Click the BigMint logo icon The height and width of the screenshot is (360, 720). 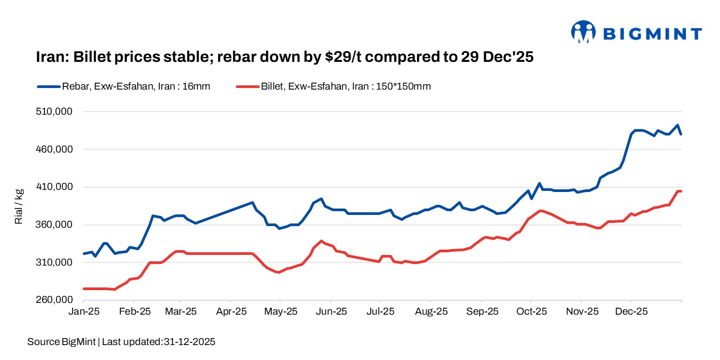(583, 32)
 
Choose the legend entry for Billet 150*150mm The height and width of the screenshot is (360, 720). (346, 86)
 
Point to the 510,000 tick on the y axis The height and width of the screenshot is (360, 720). (55, 112)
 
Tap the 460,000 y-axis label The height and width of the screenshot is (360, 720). (55, 149)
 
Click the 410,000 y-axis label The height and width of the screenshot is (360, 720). (55, 187)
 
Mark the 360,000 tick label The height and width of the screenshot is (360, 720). (55, 225)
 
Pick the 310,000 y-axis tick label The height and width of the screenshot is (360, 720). (55, 262)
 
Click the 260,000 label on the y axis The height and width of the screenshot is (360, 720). (55, 300)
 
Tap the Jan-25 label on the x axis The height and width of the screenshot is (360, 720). (84, 311)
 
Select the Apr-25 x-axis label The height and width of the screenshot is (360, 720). (230, 311)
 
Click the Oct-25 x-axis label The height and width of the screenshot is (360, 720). (531, 311)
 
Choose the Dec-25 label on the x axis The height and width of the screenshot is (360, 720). (630, 311)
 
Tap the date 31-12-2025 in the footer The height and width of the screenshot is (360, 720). (188, 342)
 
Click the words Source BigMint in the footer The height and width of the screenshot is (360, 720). (61, 342)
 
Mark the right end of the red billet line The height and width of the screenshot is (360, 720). (681, 191)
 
